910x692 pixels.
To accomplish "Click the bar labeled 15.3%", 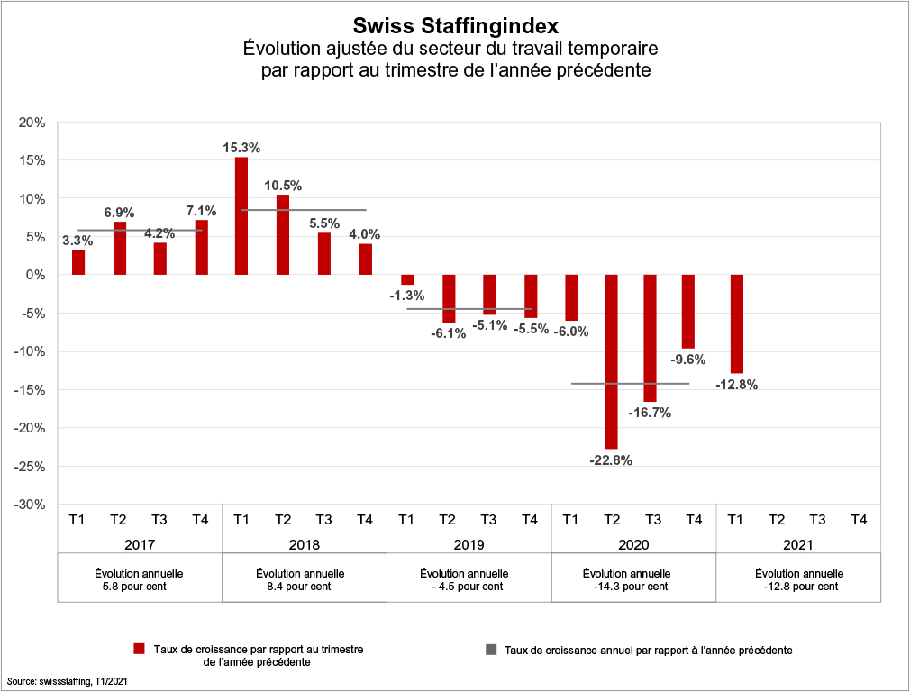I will click(241, 216).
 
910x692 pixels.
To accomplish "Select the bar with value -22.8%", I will click(611, 361).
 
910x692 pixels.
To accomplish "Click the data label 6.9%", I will click(119, 213).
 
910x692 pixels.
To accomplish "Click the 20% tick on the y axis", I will click(33, 123).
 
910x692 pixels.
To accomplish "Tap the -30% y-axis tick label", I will click(31, 505).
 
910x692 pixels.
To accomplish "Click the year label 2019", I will click(469, 545).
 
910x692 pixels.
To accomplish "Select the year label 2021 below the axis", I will click(797, 545).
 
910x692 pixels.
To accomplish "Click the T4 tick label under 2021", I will click(860, 519).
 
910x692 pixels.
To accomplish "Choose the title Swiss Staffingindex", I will click(455, 24).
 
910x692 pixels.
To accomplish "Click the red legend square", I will click(139, 649).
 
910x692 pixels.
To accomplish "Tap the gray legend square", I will click(491, 649).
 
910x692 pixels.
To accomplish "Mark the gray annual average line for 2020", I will click(630, 384).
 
